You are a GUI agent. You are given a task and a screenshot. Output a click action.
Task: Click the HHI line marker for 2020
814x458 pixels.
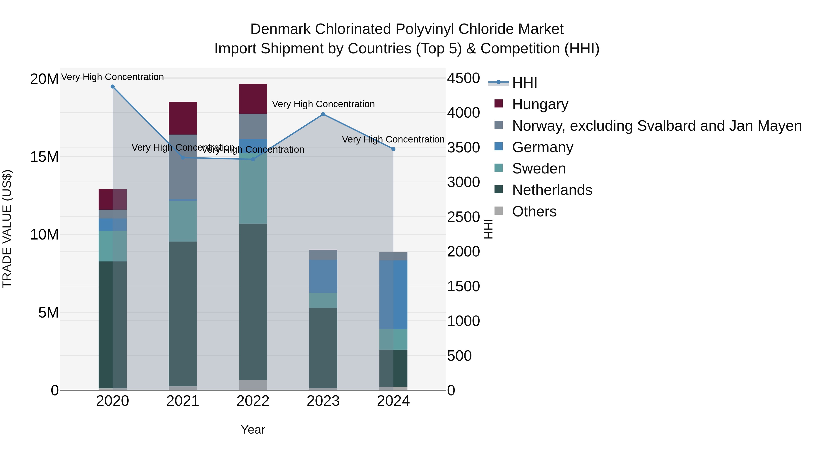click(113, 87)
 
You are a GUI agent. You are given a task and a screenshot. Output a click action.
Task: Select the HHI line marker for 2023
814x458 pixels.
click(323, 114)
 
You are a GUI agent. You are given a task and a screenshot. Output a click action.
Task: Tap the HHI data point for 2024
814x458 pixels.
click(393, 149)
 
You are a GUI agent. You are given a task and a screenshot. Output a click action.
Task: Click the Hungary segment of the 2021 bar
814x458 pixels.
click(183, 118)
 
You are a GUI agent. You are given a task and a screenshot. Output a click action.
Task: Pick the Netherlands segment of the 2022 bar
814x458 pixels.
click(253, 302)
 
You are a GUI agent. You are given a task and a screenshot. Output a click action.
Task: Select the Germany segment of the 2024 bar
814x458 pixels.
click(393, 294)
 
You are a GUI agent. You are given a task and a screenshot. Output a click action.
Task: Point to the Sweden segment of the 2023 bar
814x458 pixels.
click(323, 300)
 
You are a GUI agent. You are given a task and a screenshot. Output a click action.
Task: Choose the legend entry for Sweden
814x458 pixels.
click(539, 168)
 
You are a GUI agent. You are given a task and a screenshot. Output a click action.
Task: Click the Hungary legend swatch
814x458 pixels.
click(498, 104)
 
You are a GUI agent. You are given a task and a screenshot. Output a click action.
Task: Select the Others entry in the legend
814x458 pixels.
click(534, 211)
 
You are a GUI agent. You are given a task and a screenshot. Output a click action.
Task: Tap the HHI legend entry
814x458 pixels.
click(525, 83)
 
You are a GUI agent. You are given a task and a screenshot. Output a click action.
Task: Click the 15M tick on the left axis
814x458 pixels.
click(44, 157)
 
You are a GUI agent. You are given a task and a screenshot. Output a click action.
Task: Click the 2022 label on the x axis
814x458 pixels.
click(253, 401)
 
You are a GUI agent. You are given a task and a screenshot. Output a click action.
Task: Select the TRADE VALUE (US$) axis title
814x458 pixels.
click(7, 229)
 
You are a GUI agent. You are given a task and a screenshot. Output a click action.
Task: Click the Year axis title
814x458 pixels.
click(253, 430)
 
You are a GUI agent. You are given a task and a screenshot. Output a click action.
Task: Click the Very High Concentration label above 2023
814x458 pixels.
click(323, 104)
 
